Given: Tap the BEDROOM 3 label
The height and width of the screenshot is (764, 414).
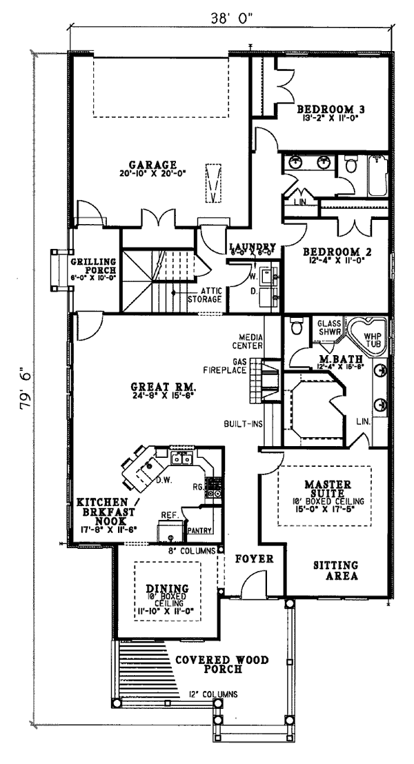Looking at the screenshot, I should point(331,110).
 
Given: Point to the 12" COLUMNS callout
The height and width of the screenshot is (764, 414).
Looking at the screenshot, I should point(213,694).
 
